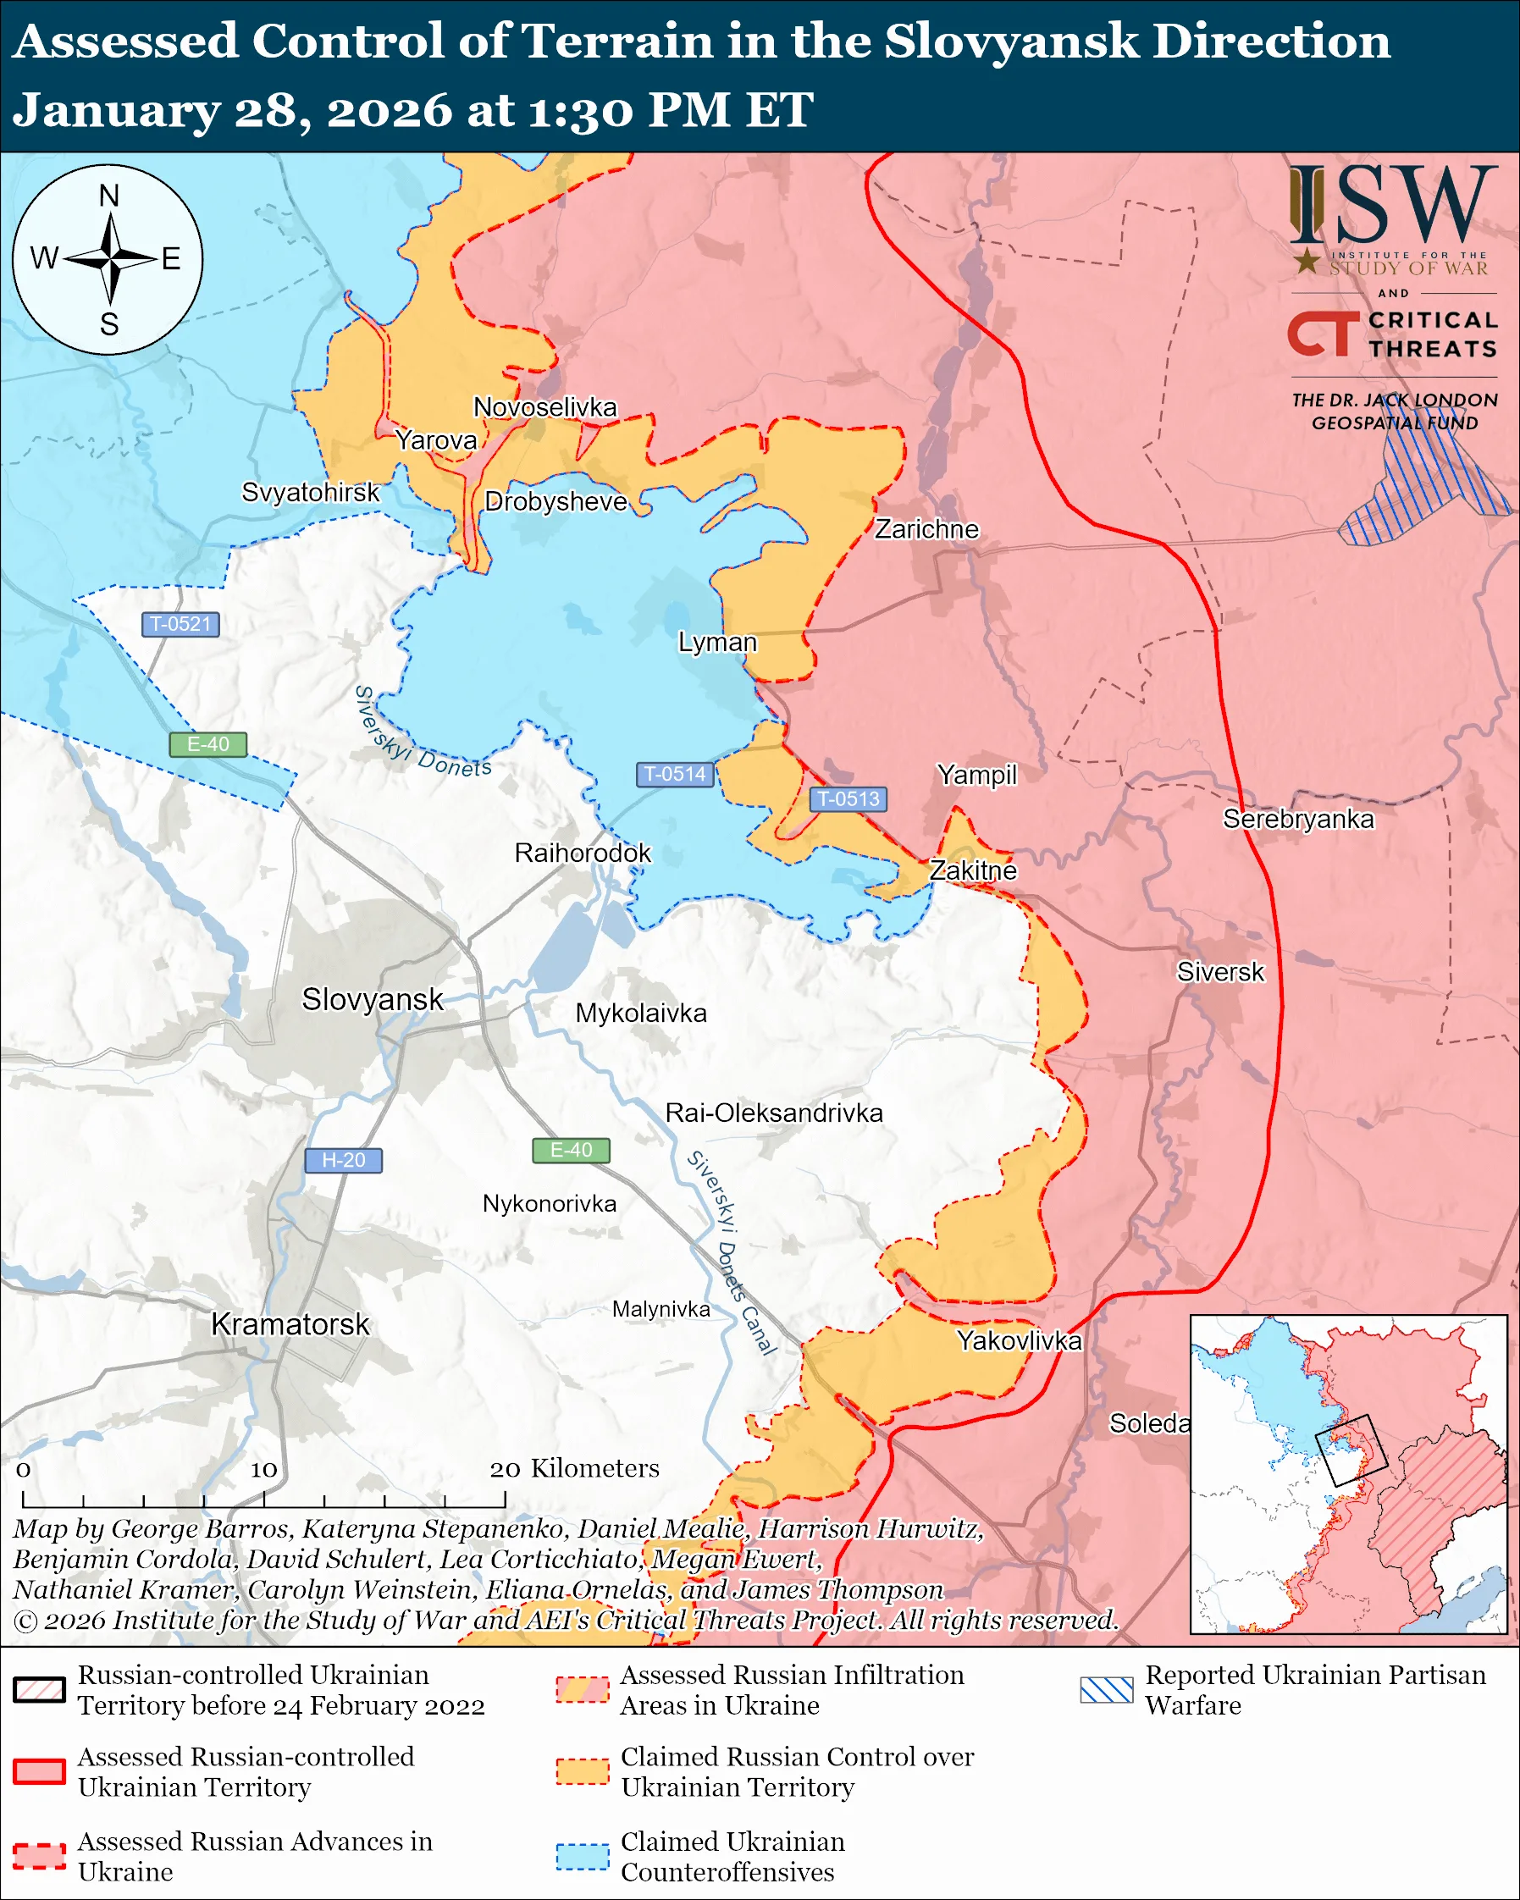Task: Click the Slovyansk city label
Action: click(372, 999)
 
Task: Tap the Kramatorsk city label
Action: click(290, 1324)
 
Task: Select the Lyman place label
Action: click(717, 642)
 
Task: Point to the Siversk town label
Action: click(1220, 972)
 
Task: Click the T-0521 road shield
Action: click(180, 624)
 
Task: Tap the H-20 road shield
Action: click(343, 1161)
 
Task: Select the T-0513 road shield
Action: click(848, 798)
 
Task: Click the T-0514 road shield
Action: click(674, 774)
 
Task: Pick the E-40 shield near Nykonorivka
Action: click(571, 1150)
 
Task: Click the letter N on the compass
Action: click(108, 196)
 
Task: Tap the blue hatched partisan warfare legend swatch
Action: click(1107, 1689)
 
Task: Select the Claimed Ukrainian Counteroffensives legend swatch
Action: click(582, 1857)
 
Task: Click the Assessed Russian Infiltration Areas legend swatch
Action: click(582, 1689)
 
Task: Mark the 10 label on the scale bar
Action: click(263, 1469)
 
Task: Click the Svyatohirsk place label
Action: click(310, 492)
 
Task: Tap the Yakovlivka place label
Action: click(1020, 1340)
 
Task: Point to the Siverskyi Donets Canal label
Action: click(732, 1252)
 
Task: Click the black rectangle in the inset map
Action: click(1351, 1450)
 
